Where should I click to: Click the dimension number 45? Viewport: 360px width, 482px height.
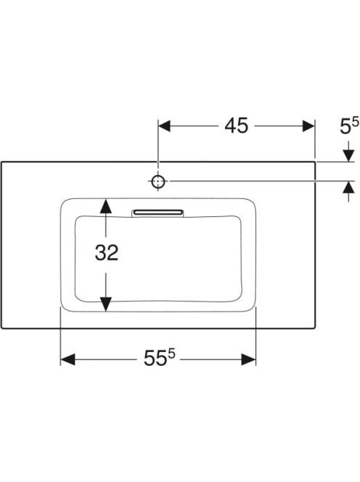tap(236, 126)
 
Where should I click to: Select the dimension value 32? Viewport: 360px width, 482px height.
tap(107, 253)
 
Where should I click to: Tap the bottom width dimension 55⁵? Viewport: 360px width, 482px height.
tap(159, 358)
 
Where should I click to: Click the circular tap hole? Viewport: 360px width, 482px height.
tap(158, 181)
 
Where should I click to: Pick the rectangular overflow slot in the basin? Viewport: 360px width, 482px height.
tap(157, 213)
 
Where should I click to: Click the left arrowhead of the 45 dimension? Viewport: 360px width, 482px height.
tap(164, 126)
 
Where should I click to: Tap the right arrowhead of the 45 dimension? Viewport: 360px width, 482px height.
tap(308, 126)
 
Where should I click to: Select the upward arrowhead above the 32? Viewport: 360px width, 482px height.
tap(106, 206)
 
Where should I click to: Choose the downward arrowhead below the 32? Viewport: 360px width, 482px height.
tap(106, 304)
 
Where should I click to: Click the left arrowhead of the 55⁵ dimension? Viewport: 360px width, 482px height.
tap(67, 359)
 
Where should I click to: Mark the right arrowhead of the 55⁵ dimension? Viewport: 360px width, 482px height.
tap(248, 359)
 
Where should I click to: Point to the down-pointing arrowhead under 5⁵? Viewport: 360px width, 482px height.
tap(348, 155)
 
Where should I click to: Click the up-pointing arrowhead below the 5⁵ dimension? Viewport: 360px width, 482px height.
tap(348, 187)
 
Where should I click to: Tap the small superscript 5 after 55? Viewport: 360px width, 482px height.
tap(171, 354)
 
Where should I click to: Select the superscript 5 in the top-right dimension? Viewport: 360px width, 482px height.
tap(356, 123)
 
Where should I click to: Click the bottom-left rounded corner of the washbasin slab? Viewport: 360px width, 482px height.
tap(2, 327)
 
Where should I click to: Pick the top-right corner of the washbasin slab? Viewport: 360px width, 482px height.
tap(315, 162)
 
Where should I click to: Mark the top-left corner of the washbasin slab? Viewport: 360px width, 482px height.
tap(1, 162)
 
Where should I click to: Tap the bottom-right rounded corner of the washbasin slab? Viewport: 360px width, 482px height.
tap(314, 327)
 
